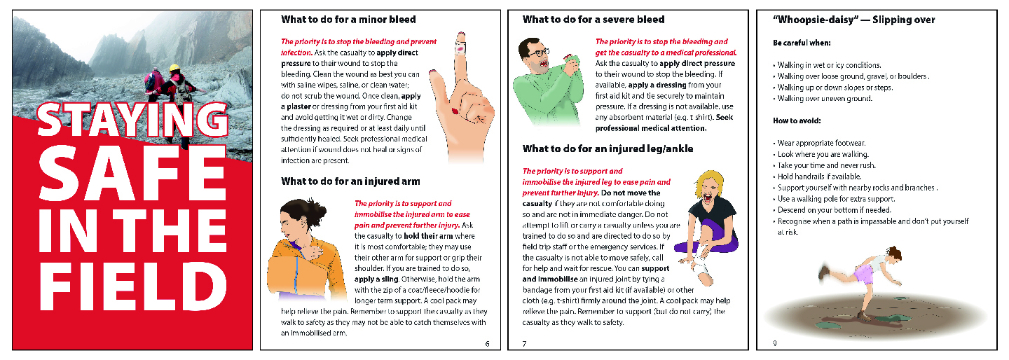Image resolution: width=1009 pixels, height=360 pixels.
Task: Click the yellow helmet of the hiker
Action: [x=174, y=68]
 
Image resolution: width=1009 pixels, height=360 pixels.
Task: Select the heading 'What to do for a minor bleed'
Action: [x=348, y=20]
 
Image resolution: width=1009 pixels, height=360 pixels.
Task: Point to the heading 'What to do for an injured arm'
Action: [x=350, y=181]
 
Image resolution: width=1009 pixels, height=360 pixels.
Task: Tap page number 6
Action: [x=487, y=343]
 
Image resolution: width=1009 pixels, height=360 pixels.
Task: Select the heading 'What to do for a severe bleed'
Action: [x=593, y=20]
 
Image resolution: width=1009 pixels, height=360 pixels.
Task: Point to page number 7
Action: [x=524, y=343]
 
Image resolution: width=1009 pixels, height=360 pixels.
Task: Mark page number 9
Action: [x=774, y=343]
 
